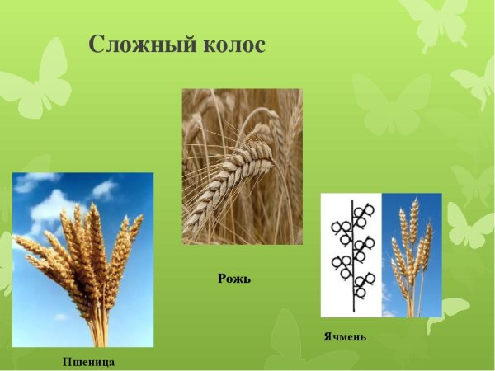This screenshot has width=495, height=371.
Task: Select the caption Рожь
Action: tap(234, 279)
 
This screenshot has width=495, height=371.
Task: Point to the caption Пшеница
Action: tap(88, 361)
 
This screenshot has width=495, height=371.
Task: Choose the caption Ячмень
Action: tap(345, 336)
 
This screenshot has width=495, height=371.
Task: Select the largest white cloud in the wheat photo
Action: tap(49, 206)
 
